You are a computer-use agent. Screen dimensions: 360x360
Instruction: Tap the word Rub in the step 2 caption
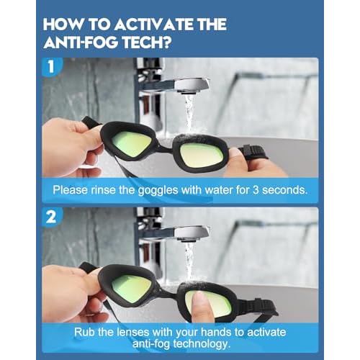coord(84,332)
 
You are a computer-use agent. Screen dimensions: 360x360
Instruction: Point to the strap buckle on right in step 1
coord(253,153)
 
